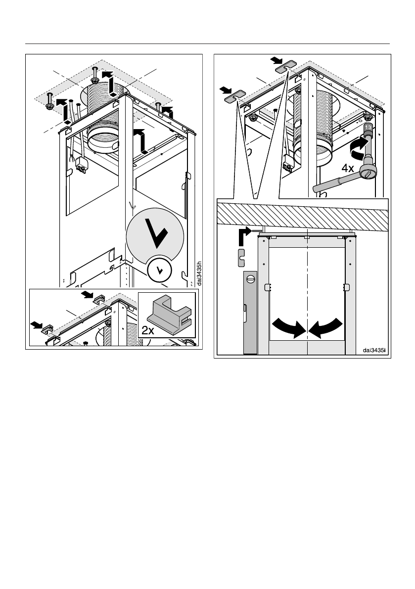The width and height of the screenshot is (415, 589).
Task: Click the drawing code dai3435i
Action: point(374,350)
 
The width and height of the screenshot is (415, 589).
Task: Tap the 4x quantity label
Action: point(347,168)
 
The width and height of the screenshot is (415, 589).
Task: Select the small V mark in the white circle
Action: point(159,270)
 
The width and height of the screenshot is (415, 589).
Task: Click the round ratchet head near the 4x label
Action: point(368,172)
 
